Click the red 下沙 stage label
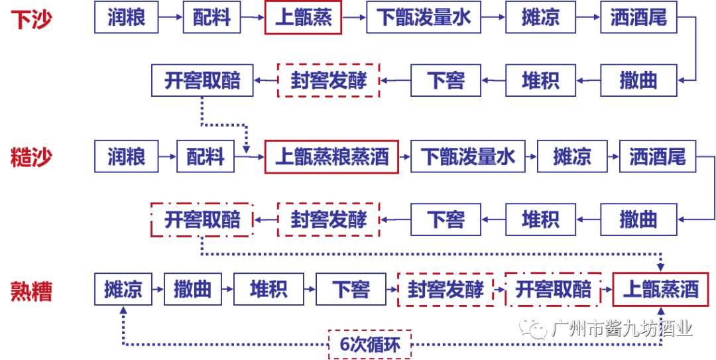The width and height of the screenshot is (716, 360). (31, 19)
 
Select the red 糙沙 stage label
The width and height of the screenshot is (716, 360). (31, 157)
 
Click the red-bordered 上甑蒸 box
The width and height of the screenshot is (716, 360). (303, 17)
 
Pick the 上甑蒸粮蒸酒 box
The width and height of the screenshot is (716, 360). (331, 157)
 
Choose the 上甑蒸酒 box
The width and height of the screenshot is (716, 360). (660, 289)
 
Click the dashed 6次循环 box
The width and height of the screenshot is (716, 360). (370, 344)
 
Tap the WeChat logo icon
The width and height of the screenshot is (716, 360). (533, 327)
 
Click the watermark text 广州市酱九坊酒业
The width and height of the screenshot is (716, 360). (621, 328)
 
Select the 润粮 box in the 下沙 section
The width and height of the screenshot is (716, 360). (126, 17)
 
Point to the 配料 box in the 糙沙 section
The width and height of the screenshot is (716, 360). (205, 157)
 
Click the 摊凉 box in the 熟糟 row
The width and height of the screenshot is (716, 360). (123, 289)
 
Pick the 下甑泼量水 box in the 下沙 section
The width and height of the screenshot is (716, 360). (424, 17)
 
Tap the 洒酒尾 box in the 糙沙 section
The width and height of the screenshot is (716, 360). (657, 156)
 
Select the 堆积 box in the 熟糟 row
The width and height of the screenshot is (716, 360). (268, 289)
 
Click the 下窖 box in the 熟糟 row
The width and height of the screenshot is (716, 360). (351, 289)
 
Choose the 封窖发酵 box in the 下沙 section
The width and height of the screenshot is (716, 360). (328, 80)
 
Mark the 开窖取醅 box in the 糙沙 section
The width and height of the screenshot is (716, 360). (202, 219)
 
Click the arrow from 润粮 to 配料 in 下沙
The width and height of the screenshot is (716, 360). (170, 17)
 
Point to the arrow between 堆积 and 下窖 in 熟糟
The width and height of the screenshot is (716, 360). (310, 289)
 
